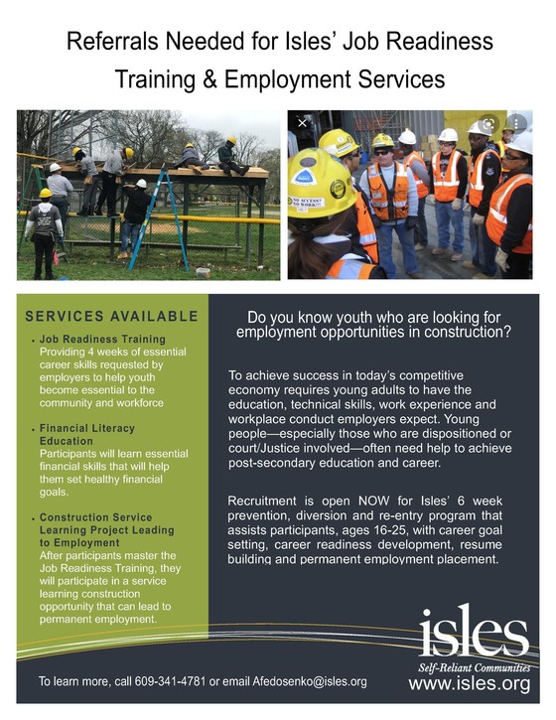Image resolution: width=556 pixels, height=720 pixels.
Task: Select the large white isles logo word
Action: [473, 627]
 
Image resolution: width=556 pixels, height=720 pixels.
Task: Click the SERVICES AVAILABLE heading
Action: [112, 317]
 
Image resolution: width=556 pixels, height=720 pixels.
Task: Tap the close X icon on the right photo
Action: [303, 123]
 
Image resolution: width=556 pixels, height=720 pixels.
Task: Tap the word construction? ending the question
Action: [456, 333]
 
